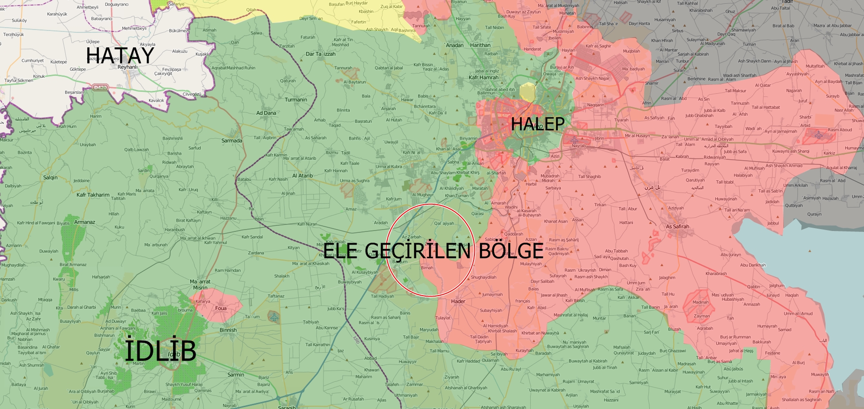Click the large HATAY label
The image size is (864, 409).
120,56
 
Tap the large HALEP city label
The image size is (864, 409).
538,124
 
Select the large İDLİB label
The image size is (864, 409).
160,351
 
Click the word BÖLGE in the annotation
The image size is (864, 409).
511,251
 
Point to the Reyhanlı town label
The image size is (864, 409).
128,67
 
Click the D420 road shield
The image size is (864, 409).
100,87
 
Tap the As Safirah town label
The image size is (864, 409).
677,227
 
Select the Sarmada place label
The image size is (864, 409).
232,141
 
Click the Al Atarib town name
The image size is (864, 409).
302,176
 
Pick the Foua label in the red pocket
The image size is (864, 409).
221,308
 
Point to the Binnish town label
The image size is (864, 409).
228,330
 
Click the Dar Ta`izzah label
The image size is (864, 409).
321,54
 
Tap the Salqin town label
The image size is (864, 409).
50,178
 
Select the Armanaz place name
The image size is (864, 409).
84,222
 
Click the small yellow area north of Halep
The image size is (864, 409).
527,92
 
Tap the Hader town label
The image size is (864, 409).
458,301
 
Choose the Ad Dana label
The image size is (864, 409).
266,113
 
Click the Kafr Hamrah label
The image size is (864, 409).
483,77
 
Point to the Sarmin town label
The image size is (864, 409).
236,374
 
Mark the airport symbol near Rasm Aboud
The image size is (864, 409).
819,135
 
